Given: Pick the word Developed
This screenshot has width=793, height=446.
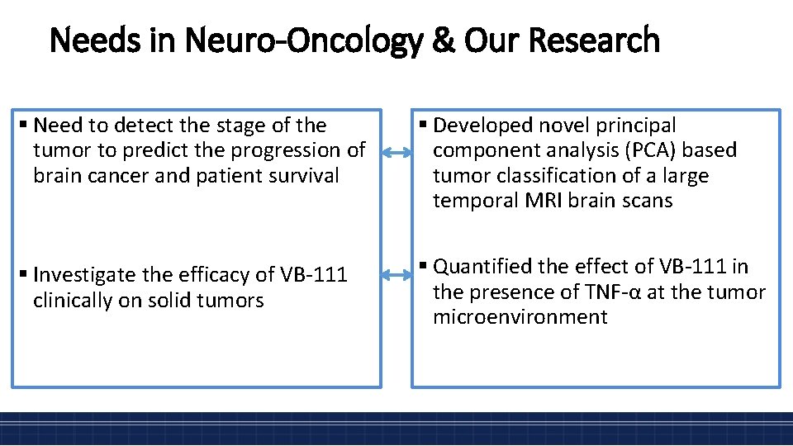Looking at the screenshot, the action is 482,126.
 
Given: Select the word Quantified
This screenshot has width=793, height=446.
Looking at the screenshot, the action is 484,267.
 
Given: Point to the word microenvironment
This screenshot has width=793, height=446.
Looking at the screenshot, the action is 520,316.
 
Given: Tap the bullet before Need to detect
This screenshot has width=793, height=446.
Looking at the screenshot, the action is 24,126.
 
